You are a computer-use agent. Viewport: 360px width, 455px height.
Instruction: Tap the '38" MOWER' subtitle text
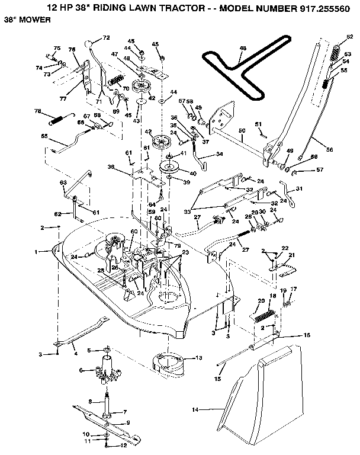click(24, 20)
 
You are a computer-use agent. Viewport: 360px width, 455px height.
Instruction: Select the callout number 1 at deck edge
click(36, 252)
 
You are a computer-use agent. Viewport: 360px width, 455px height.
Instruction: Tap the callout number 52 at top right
click(350, 37)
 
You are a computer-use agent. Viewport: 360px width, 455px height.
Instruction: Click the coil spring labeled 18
click(263, 315)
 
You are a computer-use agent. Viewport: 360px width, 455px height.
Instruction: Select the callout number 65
click(44, 136)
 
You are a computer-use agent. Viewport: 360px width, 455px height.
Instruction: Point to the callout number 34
click(220, 154)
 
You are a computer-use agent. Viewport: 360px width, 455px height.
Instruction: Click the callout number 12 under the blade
click(125, 444)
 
